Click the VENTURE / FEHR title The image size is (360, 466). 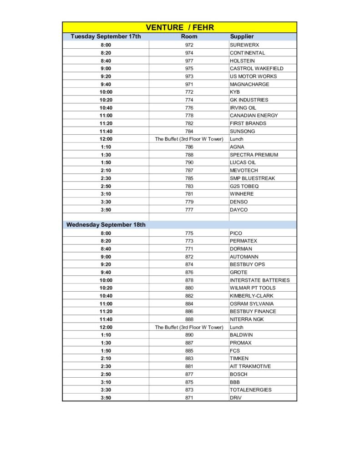180,27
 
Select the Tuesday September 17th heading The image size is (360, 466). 106,36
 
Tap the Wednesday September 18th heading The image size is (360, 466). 106,225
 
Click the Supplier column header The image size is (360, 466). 242,36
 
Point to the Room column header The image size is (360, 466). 189,36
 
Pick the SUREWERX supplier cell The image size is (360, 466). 244,45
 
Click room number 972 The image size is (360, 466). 189,45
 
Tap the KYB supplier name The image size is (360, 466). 235,92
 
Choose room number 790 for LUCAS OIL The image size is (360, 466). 189,162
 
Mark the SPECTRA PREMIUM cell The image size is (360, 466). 254,155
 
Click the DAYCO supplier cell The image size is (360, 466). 239,210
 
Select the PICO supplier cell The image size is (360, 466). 236,233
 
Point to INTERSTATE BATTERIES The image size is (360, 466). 259,280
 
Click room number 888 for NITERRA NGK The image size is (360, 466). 189,319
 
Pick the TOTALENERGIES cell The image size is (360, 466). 250,390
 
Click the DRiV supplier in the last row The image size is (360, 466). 236,398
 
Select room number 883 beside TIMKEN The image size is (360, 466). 189,359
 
